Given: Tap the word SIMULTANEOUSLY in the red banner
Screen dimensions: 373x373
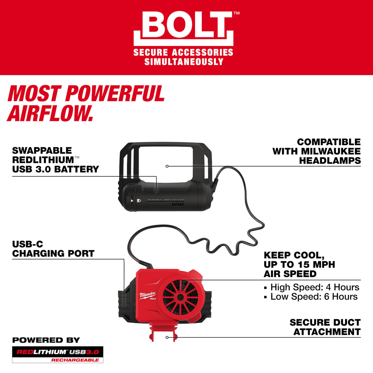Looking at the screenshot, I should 184,62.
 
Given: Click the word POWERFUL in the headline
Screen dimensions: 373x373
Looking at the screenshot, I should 115,94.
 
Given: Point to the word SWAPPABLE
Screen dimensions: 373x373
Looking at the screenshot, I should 42,151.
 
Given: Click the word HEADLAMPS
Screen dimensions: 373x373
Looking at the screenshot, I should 330,160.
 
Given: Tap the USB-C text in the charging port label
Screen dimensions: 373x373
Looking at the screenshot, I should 27,244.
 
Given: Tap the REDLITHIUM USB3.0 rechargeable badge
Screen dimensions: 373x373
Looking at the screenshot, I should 57,355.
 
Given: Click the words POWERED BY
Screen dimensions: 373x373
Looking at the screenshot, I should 46,340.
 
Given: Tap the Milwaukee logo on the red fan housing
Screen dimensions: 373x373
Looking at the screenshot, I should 148,296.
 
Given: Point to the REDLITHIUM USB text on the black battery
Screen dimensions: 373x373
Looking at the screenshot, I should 166,202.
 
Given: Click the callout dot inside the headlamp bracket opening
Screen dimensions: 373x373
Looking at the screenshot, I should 167,166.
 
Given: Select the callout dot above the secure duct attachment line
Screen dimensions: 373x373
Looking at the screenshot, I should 167,337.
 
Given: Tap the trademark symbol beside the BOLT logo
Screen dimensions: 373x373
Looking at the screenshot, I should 236,13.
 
